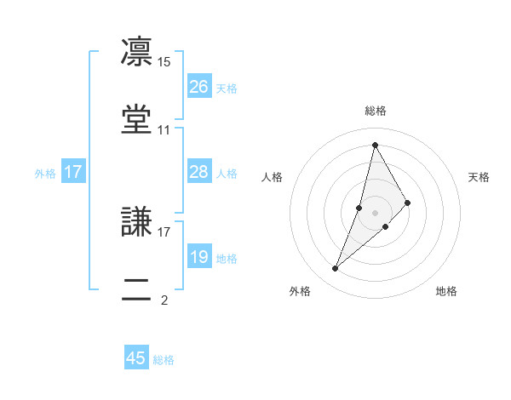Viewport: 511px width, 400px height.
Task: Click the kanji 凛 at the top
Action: coord(138,52)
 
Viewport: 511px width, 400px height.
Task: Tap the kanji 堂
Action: coord(138,119)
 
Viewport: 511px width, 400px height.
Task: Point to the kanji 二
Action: coord(138,288)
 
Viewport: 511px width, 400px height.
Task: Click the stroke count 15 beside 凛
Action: coord(164,62)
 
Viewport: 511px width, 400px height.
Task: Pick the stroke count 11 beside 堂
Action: coord(164,130)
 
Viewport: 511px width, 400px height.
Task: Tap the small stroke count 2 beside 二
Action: coord(164,300)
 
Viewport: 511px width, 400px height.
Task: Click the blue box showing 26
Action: coord(199,86)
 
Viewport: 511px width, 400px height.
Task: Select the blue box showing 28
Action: coord(199,172)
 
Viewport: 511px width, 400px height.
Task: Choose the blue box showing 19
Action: coord(199,256)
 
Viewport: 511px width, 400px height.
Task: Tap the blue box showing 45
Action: coord(136,358)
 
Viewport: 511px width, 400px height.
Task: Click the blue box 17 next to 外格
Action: coord(73,172)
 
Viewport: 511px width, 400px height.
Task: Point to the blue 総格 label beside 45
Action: coord(164,360)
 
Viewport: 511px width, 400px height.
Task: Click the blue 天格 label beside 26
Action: coord(227,88)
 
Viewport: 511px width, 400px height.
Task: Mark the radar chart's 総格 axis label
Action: coord(376,111)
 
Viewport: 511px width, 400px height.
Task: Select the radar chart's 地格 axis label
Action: coord(446,291)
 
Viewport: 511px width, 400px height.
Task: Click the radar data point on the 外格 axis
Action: coord(335,269)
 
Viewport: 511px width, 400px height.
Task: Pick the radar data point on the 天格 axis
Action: coord(408,203)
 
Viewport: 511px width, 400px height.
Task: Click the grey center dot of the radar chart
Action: coord(376,213)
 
